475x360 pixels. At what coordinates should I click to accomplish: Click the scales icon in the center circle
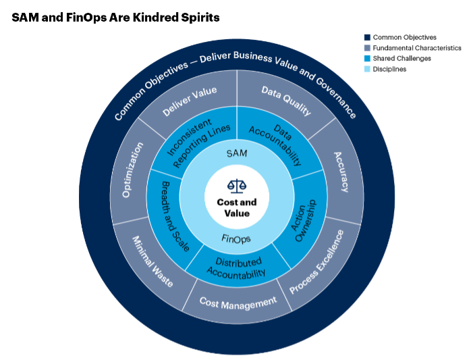(236, 184)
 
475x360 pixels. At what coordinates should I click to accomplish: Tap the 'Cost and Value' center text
(236, 207)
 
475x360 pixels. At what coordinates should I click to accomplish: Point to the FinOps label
(236, 239)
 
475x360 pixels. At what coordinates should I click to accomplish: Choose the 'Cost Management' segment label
(237, 301)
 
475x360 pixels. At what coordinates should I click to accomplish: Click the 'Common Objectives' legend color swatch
(366, 38)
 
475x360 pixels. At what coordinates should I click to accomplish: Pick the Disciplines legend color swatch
(366, 69)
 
